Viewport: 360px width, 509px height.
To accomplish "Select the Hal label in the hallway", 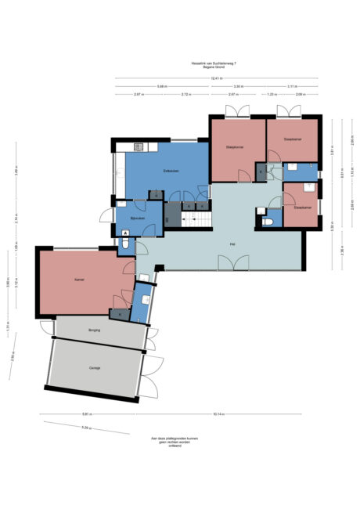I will (x=232, y=244).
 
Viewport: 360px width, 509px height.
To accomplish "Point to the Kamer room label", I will (x=79, y=280).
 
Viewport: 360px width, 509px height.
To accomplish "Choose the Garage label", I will (x=94, y=367).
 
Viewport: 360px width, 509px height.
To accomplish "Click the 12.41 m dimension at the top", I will (x=215, y=78).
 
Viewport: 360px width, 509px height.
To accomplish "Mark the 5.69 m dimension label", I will (x=161, y=86).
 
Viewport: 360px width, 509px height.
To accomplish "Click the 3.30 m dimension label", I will (x=239, y=86).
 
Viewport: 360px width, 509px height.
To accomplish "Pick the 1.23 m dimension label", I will (x=271, y=94).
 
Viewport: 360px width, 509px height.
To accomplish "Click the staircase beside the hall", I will (x=198, y=220).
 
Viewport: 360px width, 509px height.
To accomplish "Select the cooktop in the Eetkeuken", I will (x=139, y=146).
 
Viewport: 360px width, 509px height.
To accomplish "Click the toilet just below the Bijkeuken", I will (x=126, y=244).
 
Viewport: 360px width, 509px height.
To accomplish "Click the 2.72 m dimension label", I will (x=185, y=94).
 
